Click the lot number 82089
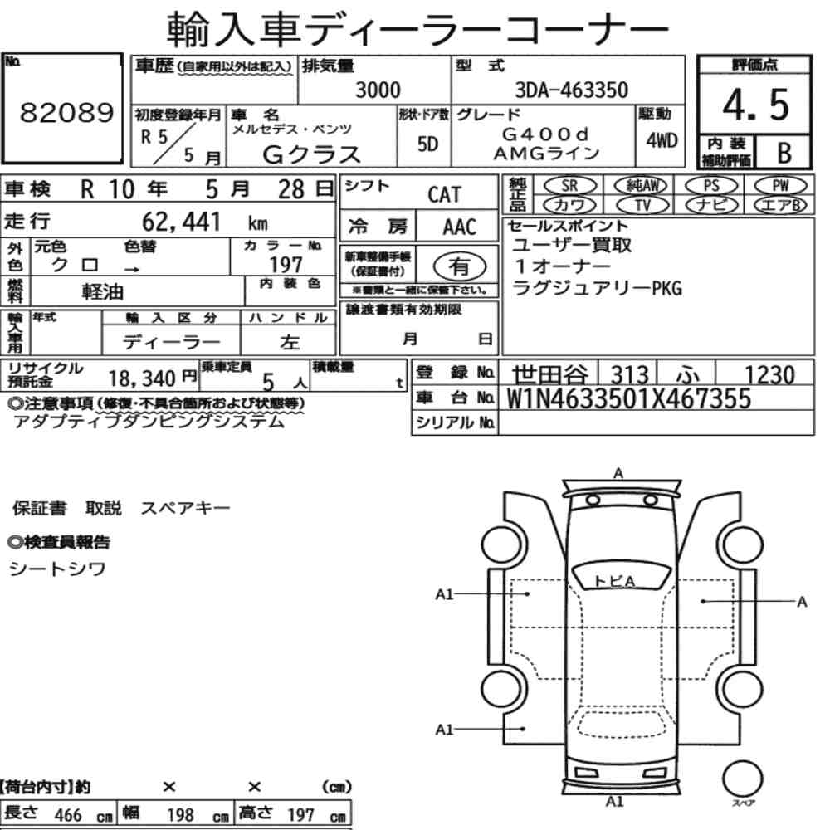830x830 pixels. [66, 112]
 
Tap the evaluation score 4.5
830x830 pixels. [755, 105]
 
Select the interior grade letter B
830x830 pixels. [784, 153]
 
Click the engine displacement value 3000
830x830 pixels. [378, 90]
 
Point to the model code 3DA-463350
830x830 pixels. [571, 90]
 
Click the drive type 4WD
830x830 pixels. [662, 140]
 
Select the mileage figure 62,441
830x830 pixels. [181, 222]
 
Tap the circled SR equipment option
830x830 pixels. [569, 186]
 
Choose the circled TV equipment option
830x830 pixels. [642, 205]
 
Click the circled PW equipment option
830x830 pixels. [780, 186]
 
